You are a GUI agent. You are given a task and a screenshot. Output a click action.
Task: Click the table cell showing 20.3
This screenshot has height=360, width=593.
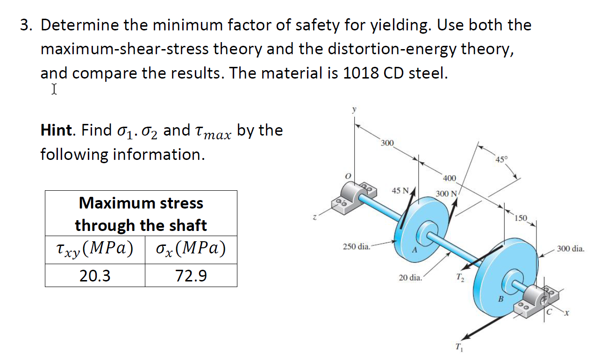(95, 276)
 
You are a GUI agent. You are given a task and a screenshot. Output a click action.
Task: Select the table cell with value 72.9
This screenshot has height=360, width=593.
(191, 276)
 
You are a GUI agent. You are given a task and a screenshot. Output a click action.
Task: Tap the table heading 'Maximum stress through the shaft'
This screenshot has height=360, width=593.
(141, 214)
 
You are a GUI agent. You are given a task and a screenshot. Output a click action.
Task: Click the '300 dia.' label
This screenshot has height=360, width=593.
(570, 249)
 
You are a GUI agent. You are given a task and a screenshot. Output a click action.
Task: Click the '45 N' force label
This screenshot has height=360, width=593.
(400, 191)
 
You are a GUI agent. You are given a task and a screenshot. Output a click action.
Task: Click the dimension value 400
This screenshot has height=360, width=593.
(449, 178)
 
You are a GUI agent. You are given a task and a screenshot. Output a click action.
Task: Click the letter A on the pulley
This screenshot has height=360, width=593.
(414, 251)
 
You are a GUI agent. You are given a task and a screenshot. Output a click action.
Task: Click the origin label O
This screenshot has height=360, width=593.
(347, 175)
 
